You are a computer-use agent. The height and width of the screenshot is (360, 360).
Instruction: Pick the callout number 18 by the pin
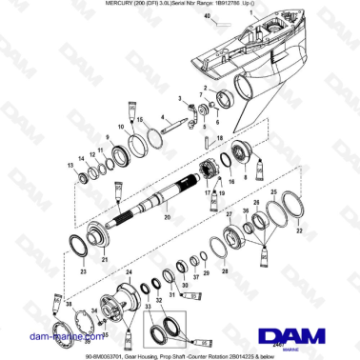tap(220, 138)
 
